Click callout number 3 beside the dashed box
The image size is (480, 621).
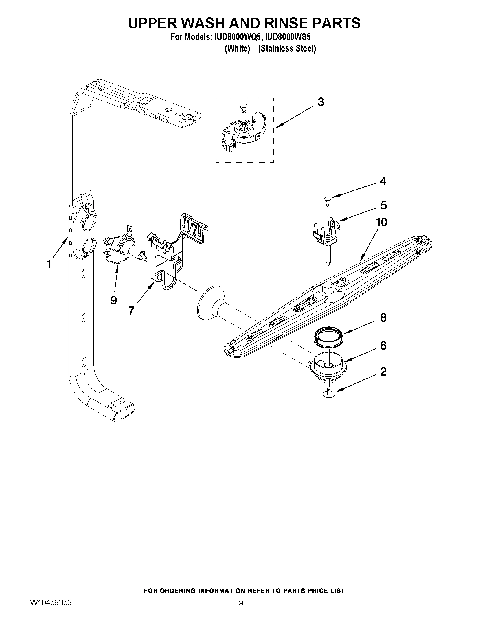click(x=321, y=102)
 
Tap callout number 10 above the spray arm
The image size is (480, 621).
click(x=382, y=222)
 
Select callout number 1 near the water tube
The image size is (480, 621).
click(x=49, y=264)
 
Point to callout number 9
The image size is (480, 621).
click(x=113, y=300)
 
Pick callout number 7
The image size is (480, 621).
click(x=131, y=310)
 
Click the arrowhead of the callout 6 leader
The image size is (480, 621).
click(x=345, y=362)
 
